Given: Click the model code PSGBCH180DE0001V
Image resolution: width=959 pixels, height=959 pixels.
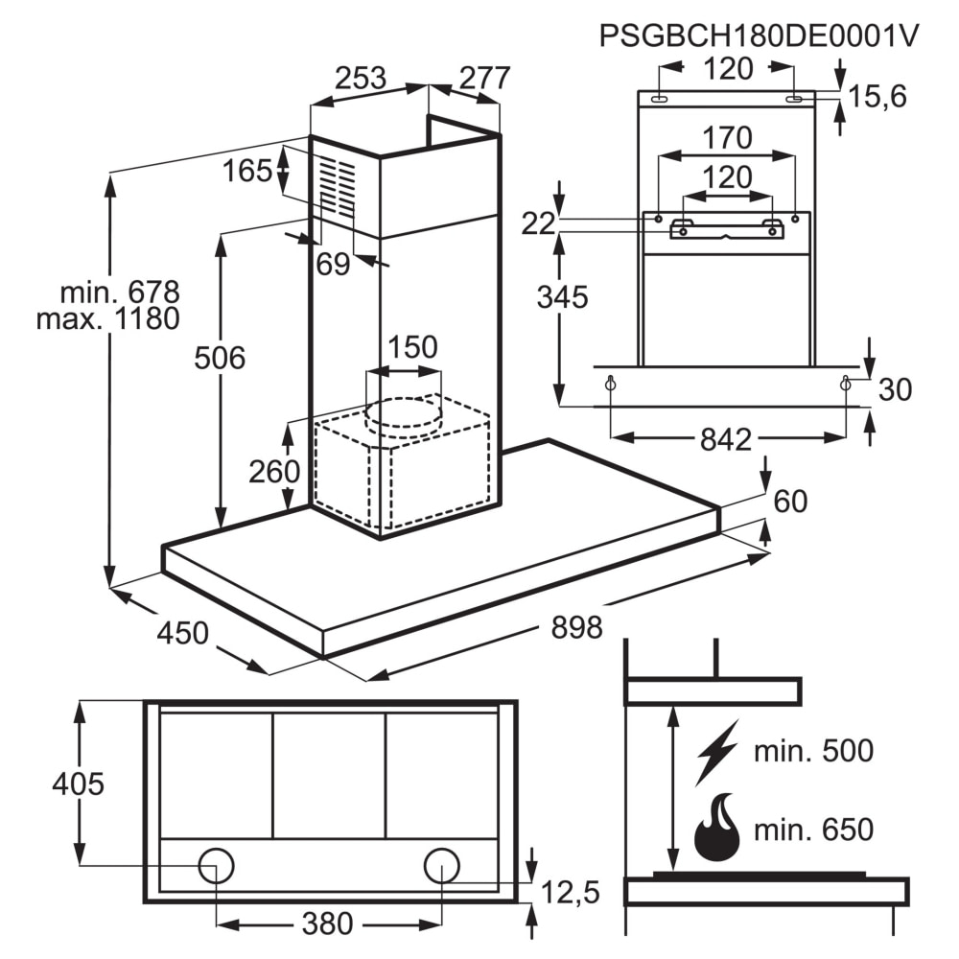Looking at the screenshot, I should tap(759, 35).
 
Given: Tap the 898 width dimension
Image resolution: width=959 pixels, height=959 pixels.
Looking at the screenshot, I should tap(576, 628).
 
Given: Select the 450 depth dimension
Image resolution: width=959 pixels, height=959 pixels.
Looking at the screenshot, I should tap(182, 633).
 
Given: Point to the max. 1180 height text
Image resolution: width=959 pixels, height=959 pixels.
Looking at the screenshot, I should tap(107, 318).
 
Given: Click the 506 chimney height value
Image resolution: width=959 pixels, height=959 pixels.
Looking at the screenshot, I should tap(220, 359).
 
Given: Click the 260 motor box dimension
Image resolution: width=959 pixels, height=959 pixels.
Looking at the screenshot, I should tap(274, 471).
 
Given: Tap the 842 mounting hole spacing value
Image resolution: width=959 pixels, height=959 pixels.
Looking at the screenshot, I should tap(725, 439).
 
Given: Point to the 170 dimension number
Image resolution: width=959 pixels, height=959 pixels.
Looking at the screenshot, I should tap(727, 139).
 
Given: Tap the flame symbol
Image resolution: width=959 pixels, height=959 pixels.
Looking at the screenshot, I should tap(716, 827).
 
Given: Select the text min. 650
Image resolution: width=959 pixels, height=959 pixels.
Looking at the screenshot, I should tap(813, 828).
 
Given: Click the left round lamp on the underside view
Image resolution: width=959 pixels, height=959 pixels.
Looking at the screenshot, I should tap(216, 865).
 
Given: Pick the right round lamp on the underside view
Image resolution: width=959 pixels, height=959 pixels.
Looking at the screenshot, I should tap(442, 865).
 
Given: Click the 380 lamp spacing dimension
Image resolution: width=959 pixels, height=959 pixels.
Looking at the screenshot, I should tap(327, 924).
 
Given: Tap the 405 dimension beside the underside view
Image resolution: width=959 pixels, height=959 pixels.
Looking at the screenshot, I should tap(78, 784).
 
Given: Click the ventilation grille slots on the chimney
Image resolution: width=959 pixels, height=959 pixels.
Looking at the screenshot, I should tap(337, 186).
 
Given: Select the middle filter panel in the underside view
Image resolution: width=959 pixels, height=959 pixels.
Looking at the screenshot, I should tap(329, 775).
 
